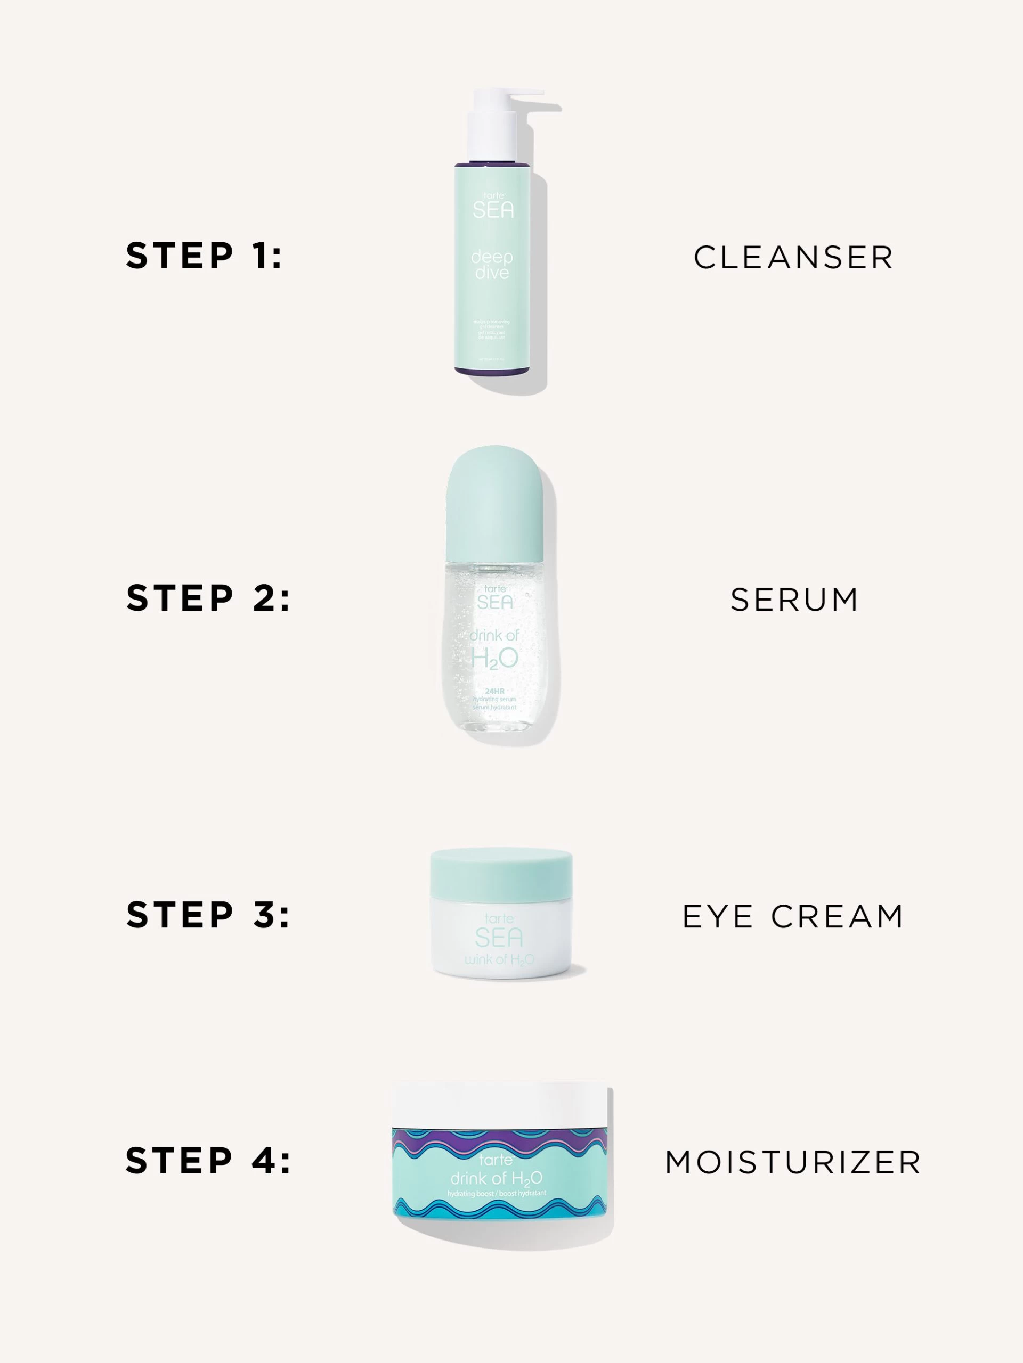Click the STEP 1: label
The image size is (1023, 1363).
pos(204,256)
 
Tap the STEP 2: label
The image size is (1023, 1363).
pos(208,598)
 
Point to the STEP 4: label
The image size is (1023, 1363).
pos(208,1161)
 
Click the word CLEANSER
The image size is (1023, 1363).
pos(793,258)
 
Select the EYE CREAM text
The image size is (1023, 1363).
pos(793,916)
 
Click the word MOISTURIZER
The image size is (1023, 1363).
pos(793,1163)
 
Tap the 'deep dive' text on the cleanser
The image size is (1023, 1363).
pos(492,265)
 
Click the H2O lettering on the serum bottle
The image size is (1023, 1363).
pos(494,660)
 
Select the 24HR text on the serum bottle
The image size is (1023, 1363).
pos(494,692)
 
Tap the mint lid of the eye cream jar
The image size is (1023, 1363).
pos(501,873)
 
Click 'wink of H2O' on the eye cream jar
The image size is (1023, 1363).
pos(499,959)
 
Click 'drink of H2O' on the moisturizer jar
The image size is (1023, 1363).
pos(497,1179)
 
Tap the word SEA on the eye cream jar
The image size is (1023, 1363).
pos(499,938)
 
